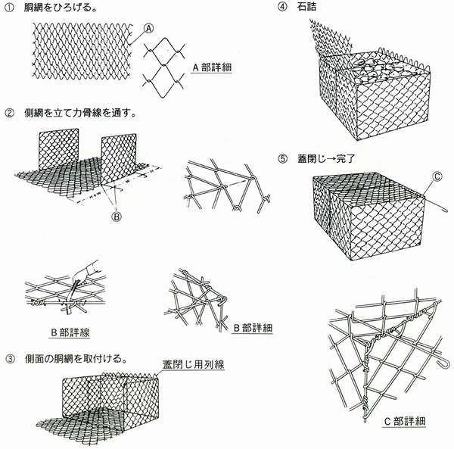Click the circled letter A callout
coord(149,28)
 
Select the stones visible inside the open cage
coord(378,71)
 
